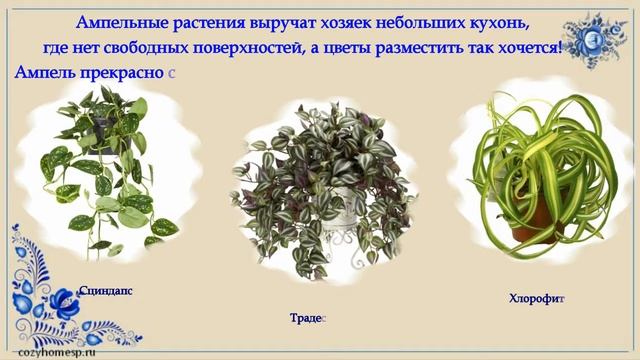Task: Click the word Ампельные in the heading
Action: (x=122, y=23)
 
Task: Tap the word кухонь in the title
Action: (x=499, y=24)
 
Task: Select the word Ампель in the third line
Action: (x=45, y=72)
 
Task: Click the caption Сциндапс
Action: (x=106, y=291)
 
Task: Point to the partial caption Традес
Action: (x=308, y=318)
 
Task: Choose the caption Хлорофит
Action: (x=537, y=299)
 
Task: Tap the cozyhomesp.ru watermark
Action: (x=57, y=352)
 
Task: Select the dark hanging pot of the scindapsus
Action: (x=105, y=135)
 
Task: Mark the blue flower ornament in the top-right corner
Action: (x=594, y=40)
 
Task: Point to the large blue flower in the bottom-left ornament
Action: (x=64, y=304)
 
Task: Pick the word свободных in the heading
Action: (x=145, y=49)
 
